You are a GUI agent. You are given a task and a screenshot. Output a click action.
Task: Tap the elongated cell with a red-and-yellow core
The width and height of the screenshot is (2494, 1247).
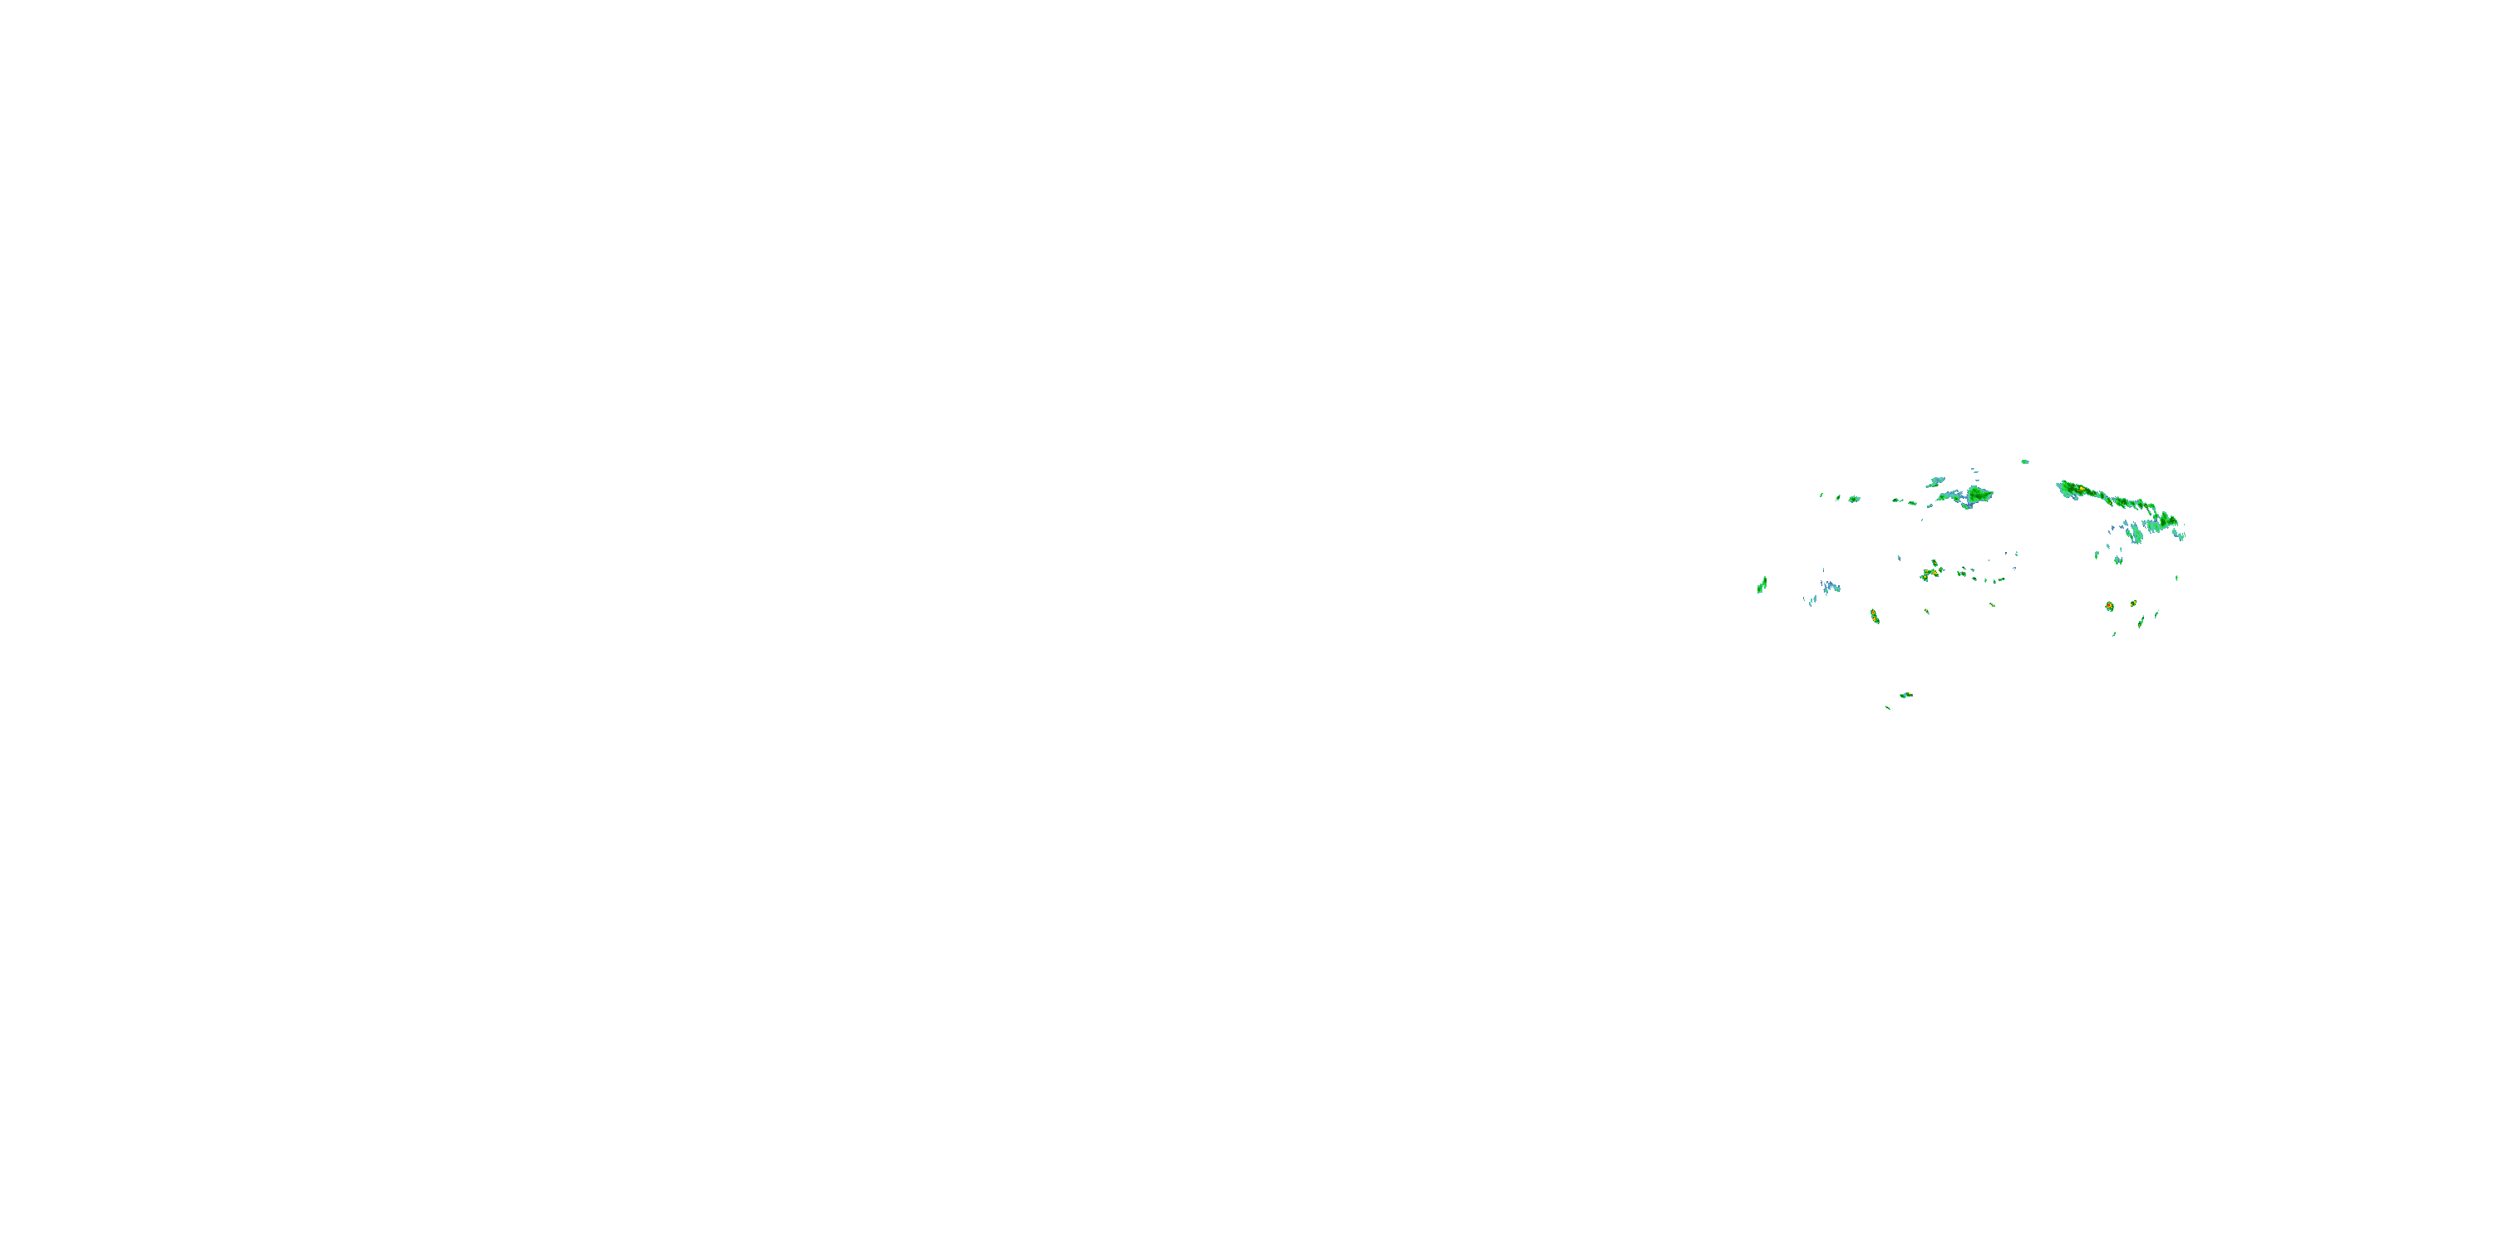(1875, 616)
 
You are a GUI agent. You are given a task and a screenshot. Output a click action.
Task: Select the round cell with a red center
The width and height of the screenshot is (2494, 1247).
(2108, 606)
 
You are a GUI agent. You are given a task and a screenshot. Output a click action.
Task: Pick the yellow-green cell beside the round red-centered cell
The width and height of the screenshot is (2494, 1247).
(2133, 604)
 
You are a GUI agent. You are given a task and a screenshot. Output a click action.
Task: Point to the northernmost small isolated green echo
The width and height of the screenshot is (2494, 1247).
(2024, 462)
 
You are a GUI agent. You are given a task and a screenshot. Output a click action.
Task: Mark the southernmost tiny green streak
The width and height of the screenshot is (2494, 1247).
(1888, 707)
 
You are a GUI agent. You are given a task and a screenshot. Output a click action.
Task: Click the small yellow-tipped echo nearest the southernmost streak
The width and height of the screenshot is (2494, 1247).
(1905, 695)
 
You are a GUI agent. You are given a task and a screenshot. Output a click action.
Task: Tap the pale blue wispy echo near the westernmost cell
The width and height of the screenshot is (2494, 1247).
(1829, 587)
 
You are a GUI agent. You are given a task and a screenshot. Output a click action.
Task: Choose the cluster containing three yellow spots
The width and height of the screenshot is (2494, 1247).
(1930, 572)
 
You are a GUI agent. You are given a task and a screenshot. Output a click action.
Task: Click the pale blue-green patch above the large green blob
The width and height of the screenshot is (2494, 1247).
(1935, 481)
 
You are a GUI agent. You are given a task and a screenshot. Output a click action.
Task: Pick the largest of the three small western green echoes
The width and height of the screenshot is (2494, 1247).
(1854, 499)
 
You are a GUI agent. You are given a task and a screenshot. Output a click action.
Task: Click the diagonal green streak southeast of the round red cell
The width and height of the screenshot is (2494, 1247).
(2142, 621)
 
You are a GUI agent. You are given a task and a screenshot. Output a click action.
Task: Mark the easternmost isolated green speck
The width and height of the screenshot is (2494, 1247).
(2176, 578)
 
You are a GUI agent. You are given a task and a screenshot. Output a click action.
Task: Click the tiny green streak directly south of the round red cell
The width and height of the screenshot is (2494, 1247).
(2113, 634)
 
